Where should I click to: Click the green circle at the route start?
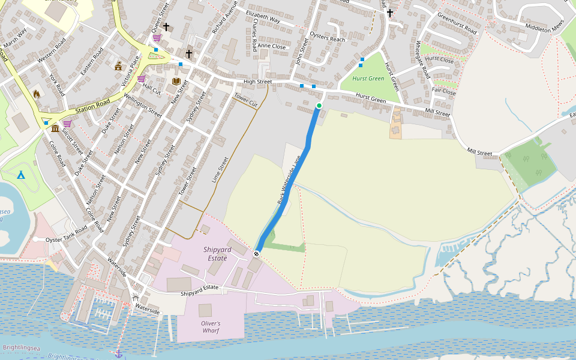(x=319, y=106)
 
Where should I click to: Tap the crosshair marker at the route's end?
(x=256, y=254)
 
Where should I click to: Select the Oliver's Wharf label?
(x=211, y=326)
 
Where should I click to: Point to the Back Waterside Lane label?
(x=289, y=181)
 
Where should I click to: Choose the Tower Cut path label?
(x=245, y=99)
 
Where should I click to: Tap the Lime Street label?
(x=221, y=170)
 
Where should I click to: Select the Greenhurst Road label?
(x=457, y=23)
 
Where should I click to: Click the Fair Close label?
(x=444, y=92)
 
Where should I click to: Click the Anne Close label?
(x=272, y=46)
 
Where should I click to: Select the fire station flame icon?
(x=36, y=94)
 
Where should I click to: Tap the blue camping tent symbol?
(x=21, y=175)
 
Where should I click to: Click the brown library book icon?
(x=176, y=81)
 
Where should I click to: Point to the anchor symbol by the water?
(x=118, y=354)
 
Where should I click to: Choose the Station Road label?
(x=94, y=107)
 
